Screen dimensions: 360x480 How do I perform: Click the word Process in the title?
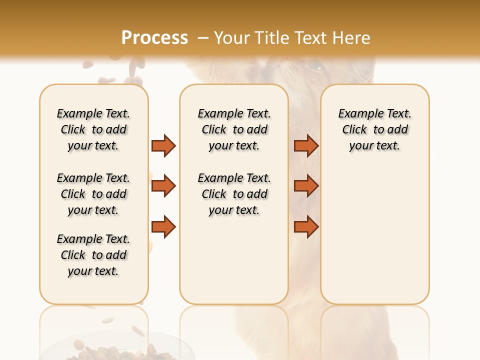(x=154, y=38)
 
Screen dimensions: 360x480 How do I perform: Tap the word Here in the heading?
(x=351, y=38)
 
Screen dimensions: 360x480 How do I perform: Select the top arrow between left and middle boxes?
(x=163, y=146)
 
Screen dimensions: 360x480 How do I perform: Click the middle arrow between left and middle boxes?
(x=163, y=186)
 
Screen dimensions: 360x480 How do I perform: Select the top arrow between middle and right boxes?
(x=306, y=146)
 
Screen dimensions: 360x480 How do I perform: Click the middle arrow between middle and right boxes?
(x=306, y=186)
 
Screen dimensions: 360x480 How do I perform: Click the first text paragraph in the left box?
(x=93, y=129)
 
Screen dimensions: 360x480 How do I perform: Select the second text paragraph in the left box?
(x=93, y=194)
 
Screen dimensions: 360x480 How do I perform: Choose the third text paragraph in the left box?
(x=93, y=255)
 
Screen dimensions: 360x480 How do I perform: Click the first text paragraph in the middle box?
(x=234, y=129)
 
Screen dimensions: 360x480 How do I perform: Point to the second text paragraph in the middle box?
(x=234, y=194)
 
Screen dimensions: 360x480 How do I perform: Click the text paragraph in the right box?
(x=374, y=129)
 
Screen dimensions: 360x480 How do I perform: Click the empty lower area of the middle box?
(x=234, y=260)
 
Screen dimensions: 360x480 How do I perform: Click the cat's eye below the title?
(x=315, y=65)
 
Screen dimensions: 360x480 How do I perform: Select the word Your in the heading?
(x=233, y=38)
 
